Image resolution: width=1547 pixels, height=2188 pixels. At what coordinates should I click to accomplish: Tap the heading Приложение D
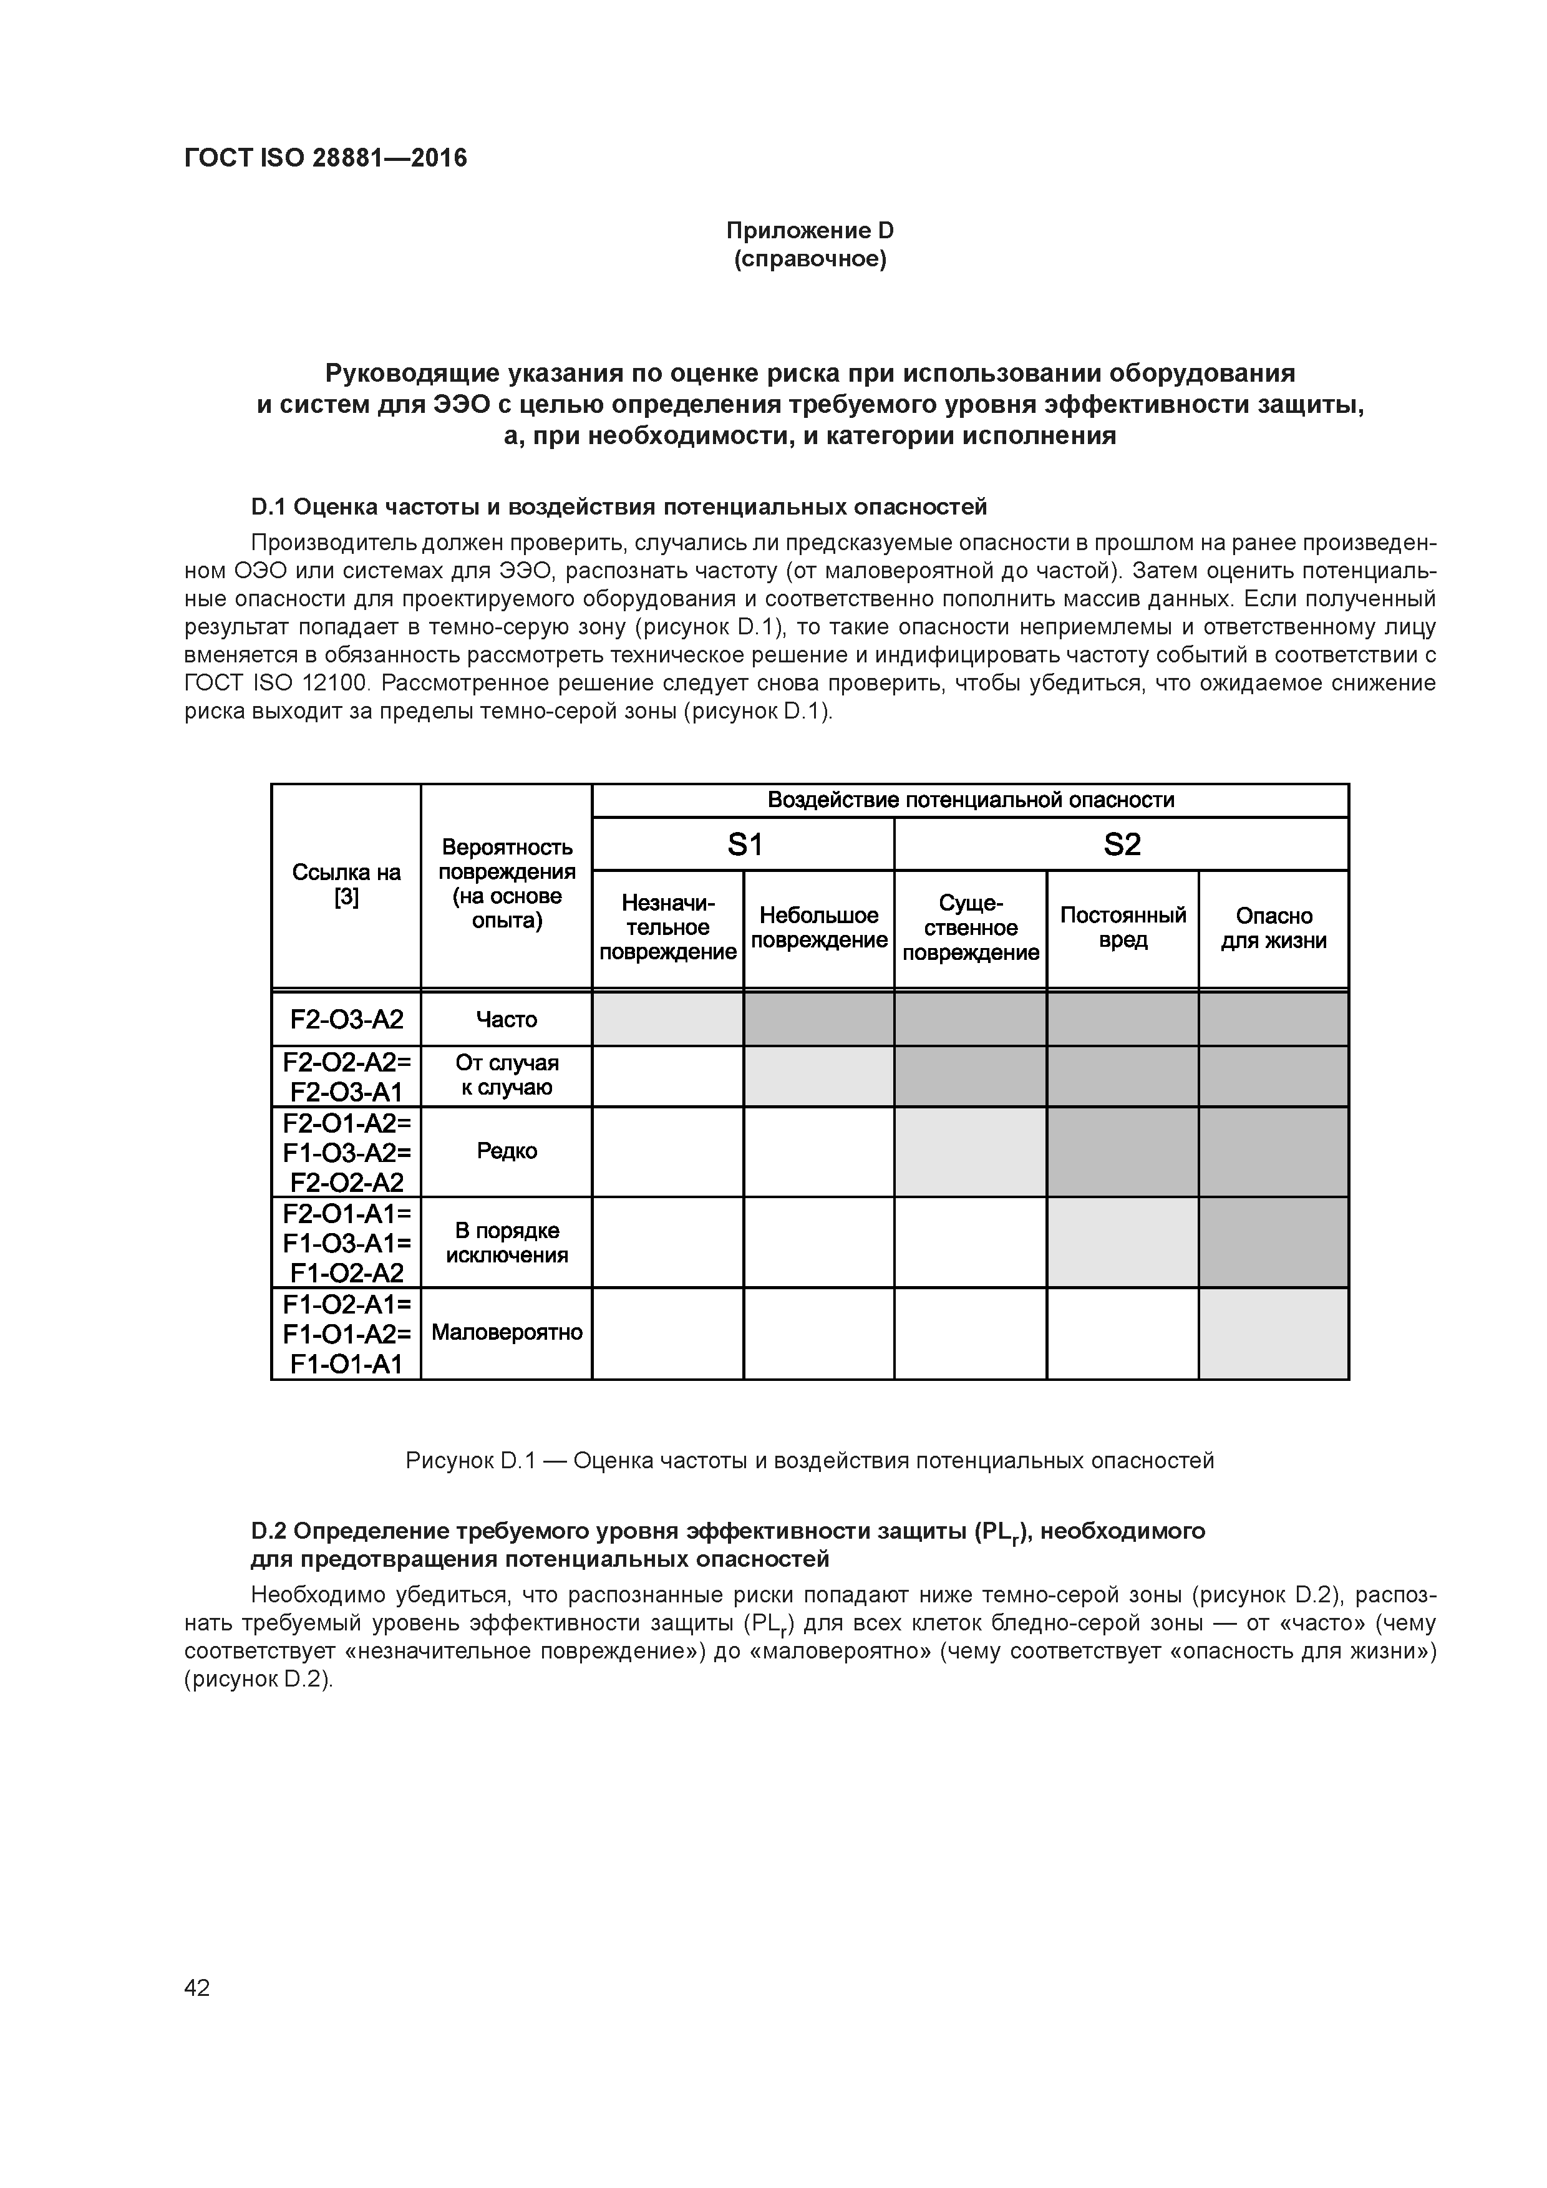pos(809,231)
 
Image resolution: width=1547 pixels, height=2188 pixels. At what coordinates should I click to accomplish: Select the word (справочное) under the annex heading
pos(809,259)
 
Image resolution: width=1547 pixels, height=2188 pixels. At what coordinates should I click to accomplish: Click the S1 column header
pos(744,845)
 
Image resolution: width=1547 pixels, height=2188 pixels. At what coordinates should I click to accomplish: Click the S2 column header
pos(1121,845)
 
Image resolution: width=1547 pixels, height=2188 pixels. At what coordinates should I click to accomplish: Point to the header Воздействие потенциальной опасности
pos(971,800)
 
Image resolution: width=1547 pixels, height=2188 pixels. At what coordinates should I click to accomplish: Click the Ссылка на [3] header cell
pos(346,885)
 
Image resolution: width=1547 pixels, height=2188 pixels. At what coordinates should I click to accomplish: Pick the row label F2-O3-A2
pos(346,1020)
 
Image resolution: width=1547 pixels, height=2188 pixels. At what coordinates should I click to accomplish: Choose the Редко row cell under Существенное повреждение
pos(971,1151)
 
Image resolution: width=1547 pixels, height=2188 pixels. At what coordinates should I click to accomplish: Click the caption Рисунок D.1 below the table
pos(809,1461)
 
